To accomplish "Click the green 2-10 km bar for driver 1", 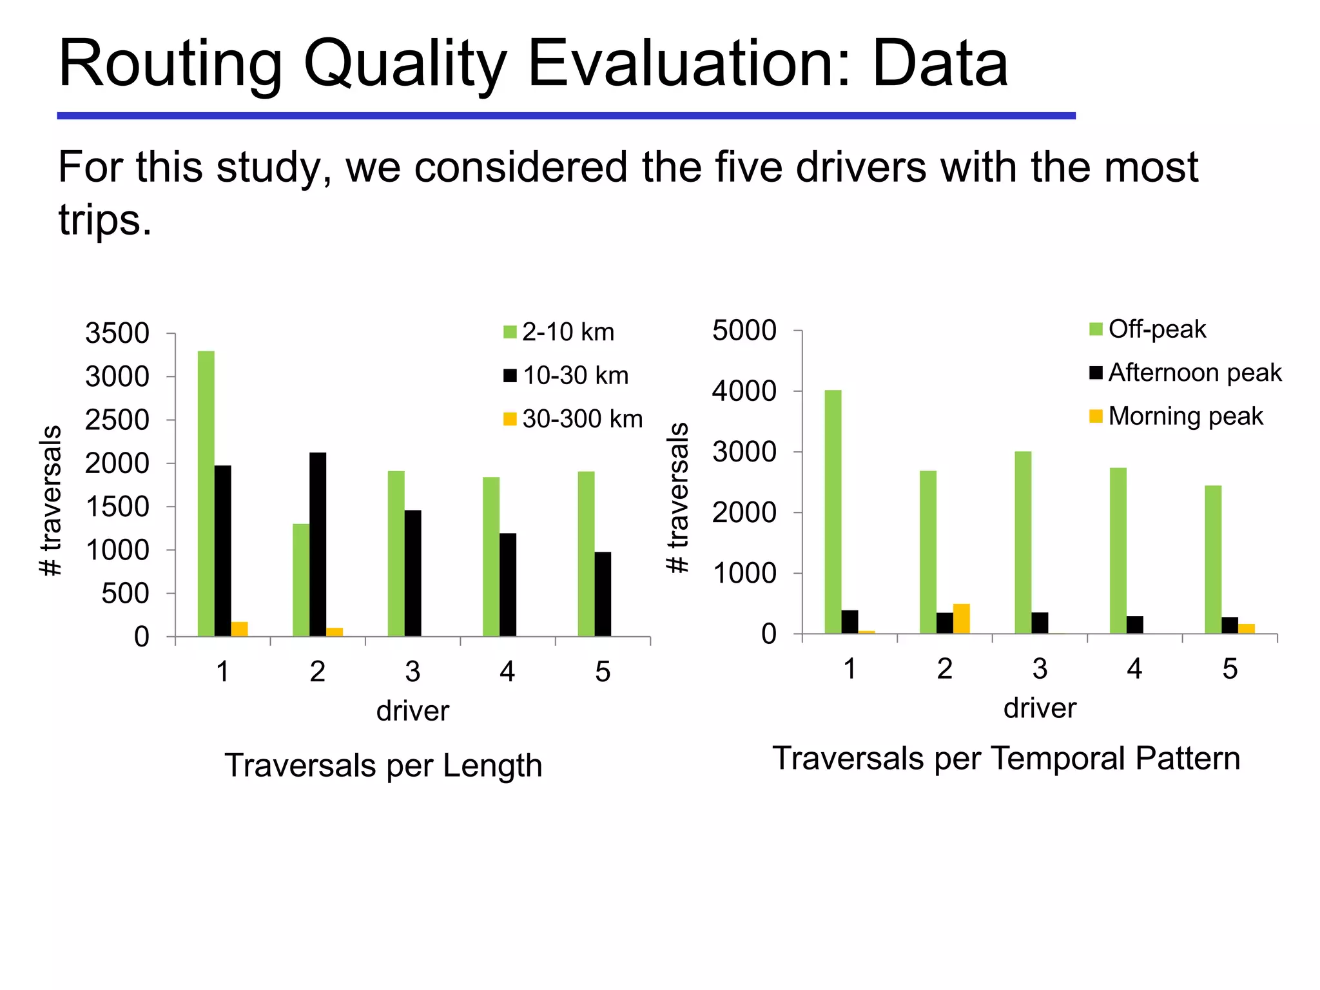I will click(x=206, y=493).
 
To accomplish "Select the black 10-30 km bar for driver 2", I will click(x=318, y=544).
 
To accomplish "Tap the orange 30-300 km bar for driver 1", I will click(x=239, y=629).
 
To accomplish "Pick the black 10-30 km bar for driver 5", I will click(x=603, y=594).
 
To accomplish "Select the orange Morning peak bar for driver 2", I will click(x=961, y=619).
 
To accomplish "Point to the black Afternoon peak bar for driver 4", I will click(x=1134, y=625).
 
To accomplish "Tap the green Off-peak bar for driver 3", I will click(x=1023, y=542).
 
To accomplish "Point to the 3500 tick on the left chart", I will click(x=117, y=334).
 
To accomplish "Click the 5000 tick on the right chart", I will click(x=744, y=331).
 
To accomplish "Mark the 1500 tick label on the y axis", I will click(x=117, y=507).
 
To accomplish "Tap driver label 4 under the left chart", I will click(x=507, y=672).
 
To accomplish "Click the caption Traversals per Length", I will click(x=383, y=766).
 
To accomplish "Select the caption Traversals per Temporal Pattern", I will click(x=1006, y=758).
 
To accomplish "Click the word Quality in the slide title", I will click(x=404, y=63).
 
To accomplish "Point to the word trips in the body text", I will click(x=105, y=220).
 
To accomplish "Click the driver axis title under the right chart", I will click(x=1040, y=708).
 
